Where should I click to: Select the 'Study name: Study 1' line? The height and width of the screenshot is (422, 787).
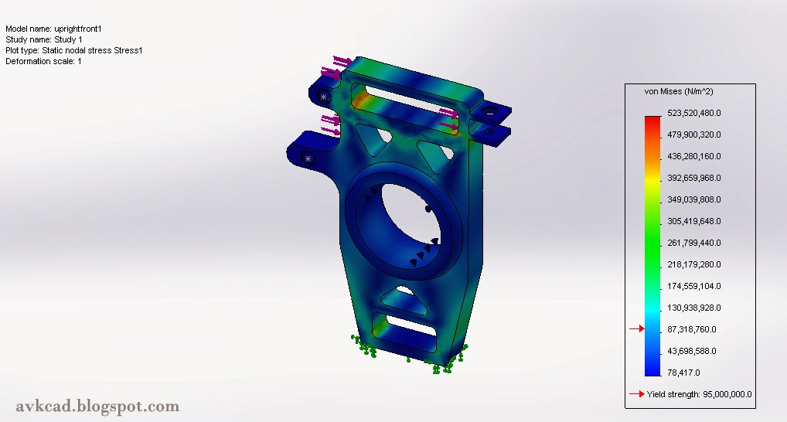coord(44,39)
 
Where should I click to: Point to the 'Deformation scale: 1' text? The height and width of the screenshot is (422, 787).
coord(43,61)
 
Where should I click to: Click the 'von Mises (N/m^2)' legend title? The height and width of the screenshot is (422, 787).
coord(679,92)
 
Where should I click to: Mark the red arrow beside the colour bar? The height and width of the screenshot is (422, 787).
coord(636,329)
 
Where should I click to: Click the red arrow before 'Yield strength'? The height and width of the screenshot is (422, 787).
coord(636,394)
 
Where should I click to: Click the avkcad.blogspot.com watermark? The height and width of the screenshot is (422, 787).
coord(97,406)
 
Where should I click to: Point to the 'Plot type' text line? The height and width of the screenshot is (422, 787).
coord(74,50)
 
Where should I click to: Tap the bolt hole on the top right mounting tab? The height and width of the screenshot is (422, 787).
coord(489,111)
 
